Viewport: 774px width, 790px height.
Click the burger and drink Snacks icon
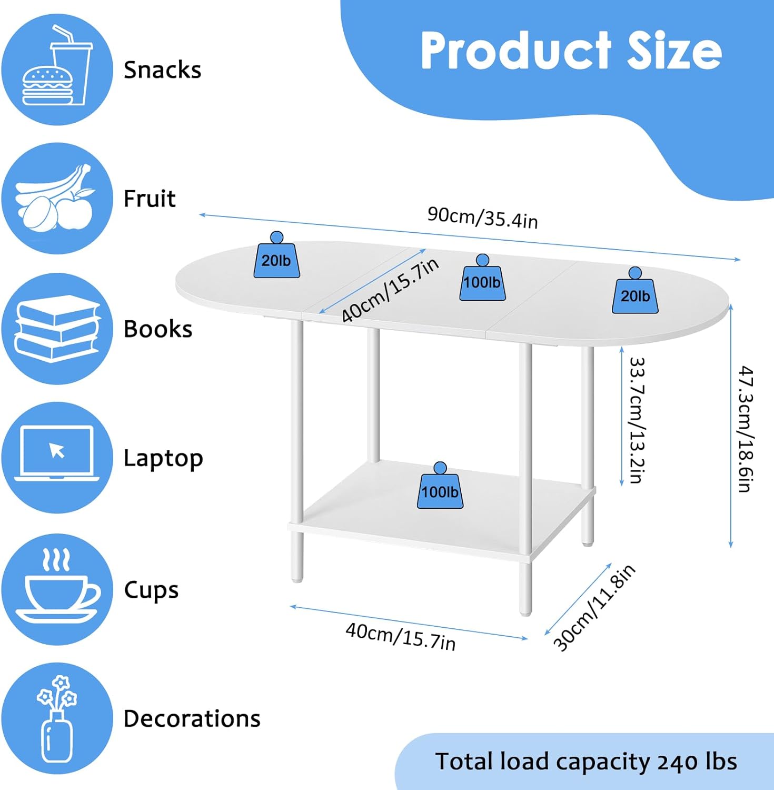[57, 69]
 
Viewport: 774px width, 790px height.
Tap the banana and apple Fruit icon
[57, 199]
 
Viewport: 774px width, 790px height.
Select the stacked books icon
[57, 329]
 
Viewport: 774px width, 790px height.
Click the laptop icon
[57, 457]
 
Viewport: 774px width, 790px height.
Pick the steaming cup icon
[57, 588]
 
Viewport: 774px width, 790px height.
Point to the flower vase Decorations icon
[57, 718]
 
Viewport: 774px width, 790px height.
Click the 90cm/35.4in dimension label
[482, 218]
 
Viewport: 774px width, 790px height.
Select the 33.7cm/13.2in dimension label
[637, 420]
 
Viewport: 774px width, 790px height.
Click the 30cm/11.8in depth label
[594, 607]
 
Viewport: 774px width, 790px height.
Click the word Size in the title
[674, 51]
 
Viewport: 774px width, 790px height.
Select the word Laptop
[163, 458]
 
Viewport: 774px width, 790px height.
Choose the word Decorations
[192, 718]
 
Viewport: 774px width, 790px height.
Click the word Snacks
[162, 70]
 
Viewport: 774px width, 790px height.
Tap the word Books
[158, 329]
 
